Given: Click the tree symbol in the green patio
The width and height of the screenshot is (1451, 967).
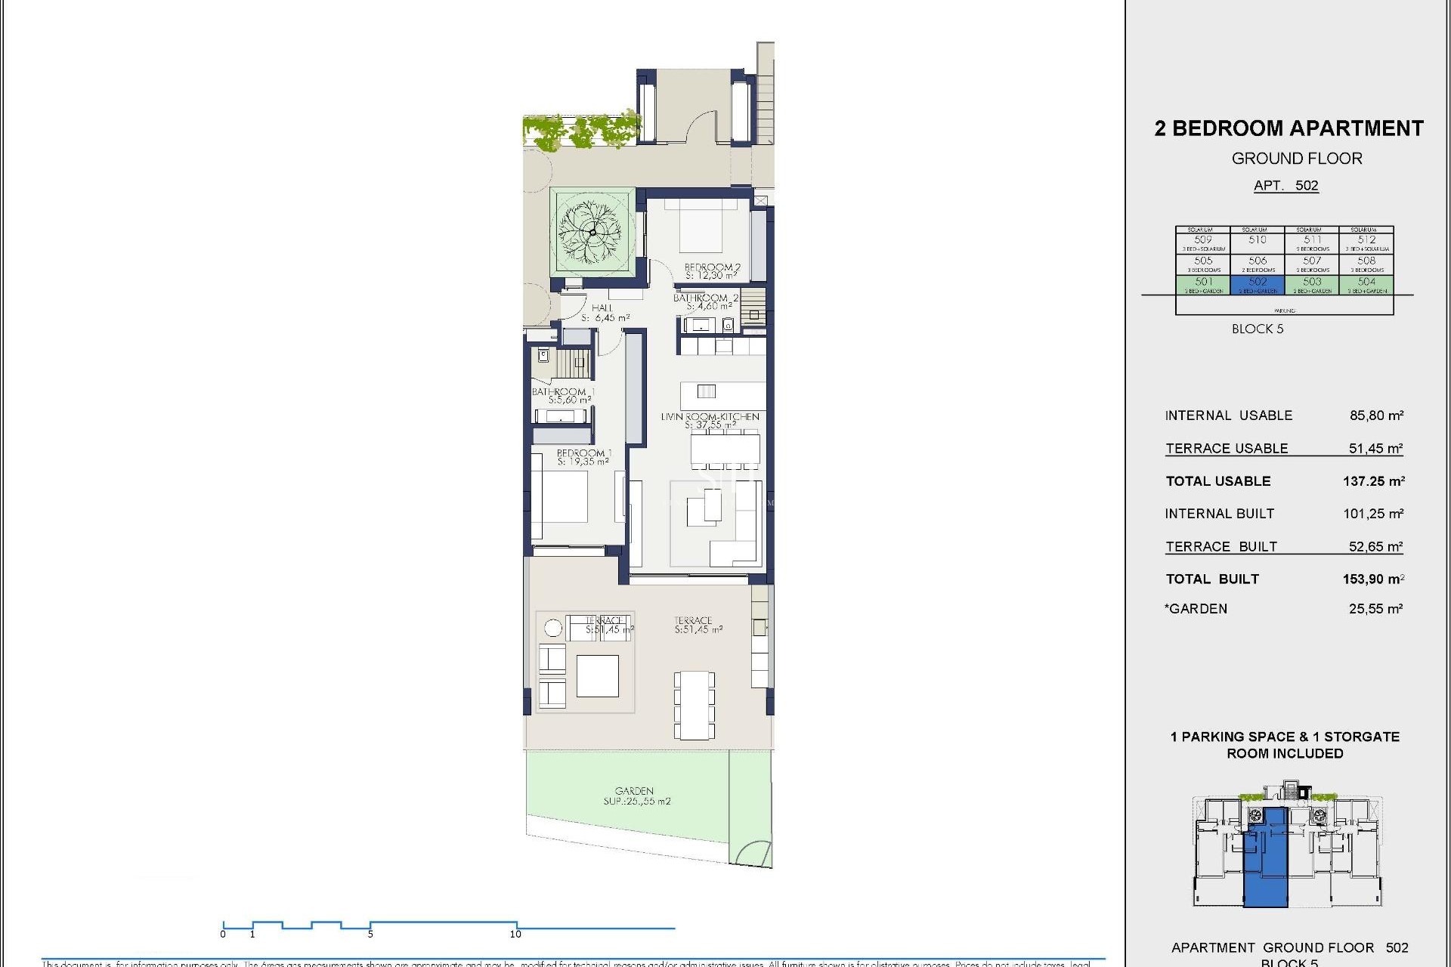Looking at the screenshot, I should tap(592, 230).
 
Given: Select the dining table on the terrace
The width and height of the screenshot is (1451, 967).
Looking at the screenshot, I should tap(694, 705).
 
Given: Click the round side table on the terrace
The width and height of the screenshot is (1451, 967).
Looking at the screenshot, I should tap(553, 628).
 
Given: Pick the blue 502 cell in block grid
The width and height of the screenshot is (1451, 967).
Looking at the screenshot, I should tap(1258, 284).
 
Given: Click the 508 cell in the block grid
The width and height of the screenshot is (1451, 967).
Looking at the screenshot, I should tap(1366, 264).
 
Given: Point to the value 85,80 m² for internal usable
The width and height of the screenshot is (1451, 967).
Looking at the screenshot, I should tap(1376, 416).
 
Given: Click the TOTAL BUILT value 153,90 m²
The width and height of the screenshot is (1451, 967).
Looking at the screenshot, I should tap(1373, 579).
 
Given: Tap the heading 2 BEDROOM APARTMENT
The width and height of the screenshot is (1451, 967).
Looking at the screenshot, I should tap(1289, 128).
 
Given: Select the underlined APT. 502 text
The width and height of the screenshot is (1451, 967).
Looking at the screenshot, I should tap(1285, 186).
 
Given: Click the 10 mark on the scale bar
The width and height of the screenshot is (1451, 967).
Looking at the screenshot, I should tap(515, 934).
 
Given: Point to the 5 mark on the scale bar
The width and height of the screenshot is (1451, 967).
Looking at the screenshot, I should tap(370, 934).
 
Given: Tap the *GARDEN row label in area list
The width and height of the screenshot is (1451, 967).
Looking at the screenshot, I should tap(1196, 609).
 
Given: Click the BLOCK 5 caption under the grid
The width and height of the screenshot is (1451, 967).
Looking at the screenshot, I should tap(1258, 329).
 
